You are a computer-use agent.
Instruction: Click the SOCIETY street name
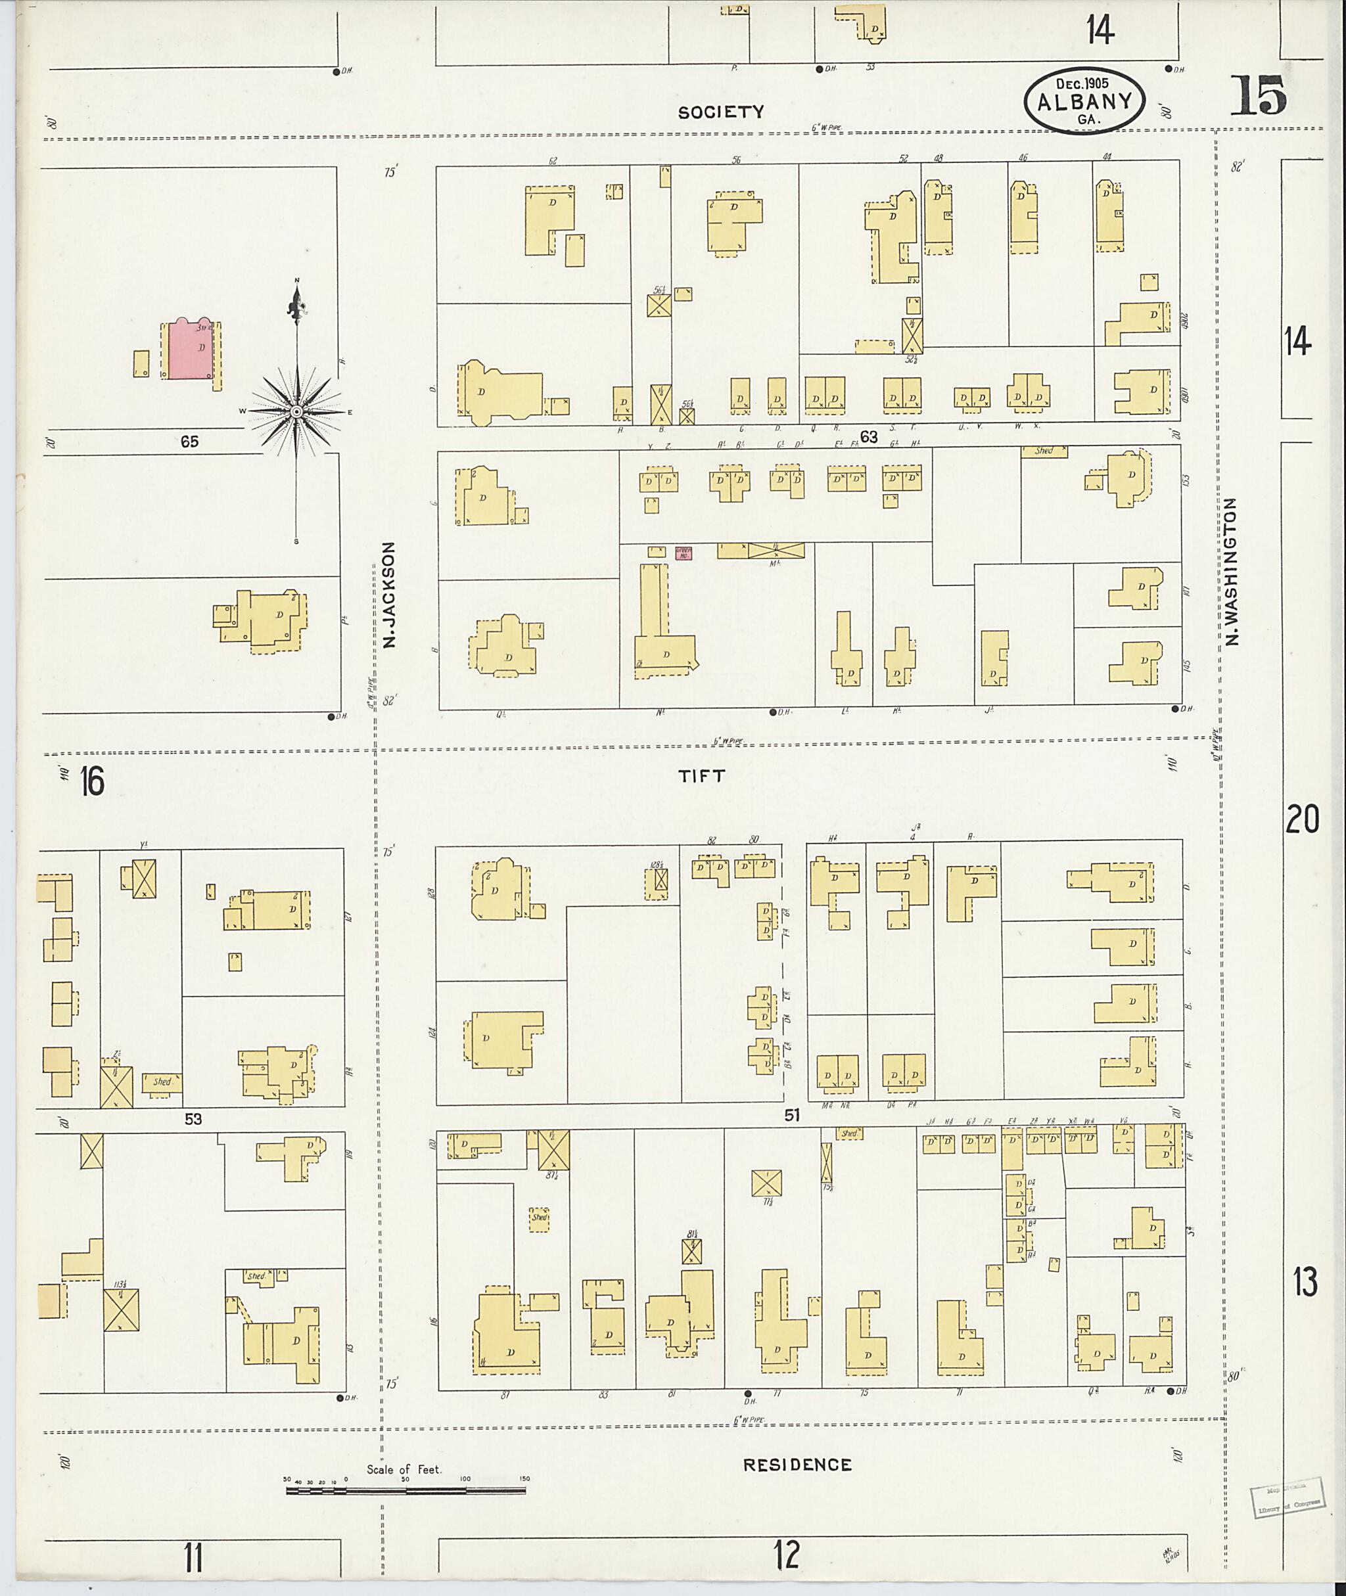click(x=721, y=112)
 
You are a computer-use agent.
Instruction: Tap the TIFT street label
click(x=702, y=777)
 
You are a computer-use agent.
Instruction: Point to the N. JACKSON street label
click(x=390, y=595)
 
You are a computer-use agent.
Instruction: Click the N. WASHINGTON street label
click(x=1232, y=572)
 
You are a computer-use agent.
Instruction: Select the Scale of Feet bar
click(x=407, y=1488)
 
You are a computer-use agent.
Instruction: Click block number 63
click(x=868, y=437)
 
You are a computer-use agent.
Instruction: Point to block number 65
click(x=189, y=441)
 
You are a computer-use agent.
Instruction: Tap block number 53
click(x=193, y=1119)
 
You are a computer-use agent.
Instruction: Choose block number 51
click(x=791, y=1116)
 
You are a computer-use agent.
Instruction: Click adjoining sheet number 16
click(x=92, y=782)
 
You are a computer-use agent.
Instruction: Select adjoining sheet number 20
click(x=1302, y=819)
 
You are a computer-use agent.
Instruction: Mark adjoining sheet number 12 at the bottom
click(x=787, y=1555)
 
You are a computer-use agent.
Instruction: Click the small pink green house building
click(x=683, y=553)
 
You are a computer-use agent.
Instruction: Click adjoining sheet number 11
click(x=193, y=1557)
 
